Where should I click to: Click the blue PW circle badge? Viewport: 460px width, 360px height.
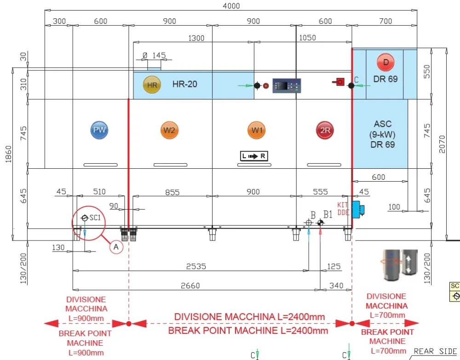coord(99,130)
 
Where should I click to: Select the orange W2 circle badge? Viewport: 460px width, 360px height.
coord(169,130)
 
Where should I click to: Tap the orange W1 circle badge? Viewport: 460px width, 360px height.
coord(256,130)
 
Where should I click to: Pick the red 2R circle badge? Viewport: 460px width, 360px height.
coord(325,130)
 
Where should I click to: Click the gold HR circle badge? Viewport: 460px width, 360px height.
coord(152,85)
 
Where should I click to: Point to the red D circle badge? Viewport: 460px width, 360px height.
coord(385,62)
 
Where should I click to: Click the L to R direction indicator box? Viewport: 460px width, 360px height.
coord(253,156)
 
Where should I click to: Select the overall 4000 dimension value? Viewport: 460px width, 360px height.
coord(231,6)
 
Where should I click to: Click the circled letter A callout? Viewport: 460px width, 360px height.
coord(116,247)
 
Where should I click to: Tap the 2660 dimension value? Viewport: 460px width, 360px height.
coord(190,286)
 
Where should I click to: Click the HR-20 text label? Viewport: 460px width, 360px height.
coord(185,84)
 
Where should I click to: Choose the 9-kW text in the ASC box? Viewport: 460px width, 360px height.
coord(383,134)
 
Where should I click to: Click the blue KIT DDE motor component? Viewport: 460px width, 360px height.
coord(356,209)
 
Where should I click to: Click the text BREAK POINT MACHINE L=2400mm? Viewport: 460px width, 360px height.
coord(248,330)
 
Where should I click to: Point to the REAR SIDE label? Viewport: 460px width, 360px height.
coord(435,351)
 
